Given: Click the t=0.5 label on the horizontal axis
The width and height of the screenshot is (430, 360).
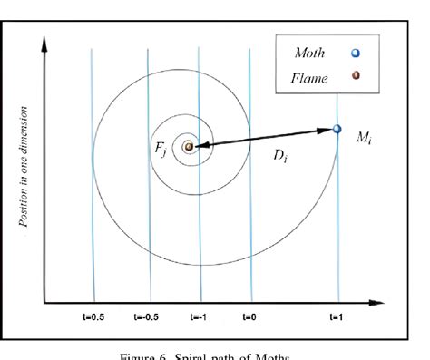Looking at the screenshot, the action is tap(94, 318).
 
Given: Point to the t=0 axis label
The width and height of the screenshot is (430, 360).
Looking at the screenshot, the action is tap(249, 318).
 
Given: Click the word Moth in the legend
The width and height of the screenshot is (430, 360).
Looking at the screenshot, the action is tap(310, 53).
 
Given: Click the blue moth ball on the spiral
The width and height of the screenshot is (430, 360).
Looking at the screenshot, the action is tap(337, 131).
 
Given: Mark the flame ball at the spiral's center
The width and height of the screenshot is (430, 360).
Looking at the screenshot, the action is tap(189, 145).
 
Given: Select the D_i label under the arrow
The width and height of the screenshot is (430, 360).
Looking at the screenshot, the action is tap(282, 155).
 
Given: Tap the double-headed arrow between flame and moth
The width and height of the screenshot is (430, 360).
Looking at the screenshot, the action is tap(263, 138).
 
